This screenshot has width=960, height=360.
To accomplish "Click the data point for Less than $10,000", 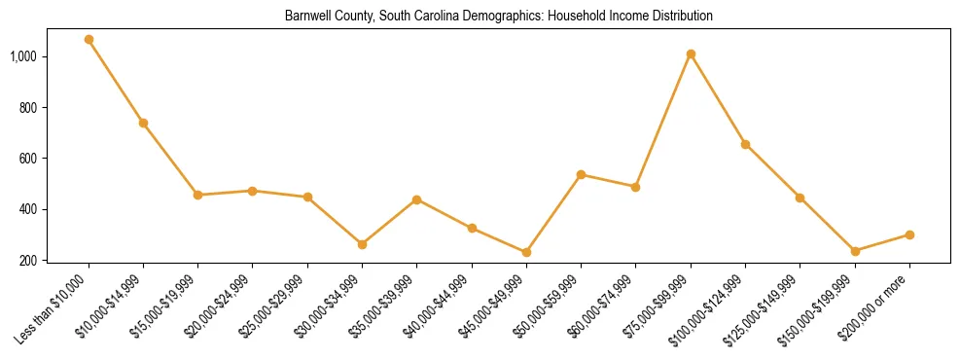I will (x=89, y=40).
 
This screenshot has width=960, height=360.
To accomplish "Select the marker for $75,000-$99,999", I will (x=691, y=54).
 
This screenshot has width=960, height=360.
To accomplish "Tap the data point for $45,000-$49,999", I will (x=526, y=252).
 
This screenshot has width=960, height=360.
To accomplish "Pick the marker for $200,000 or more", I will (x=909, y=234).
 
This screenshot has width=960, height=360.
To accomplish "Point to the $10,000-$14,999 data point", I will (x=143, y=123).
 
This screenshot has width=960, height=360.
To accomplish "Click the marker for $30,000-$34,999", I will (x=362, y=244).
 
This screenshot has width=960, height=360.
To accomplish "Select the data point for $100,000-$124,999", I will (x=745, y=144).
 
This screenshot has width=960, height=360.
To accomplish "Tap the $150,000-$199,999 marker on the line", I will (x=855, y=251).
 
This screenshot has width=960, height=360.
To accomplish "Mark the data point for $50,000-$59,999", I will (x=581, y=175).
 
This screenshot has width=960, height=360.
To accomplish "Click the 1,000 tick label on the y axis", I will (x=23, y=56).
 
